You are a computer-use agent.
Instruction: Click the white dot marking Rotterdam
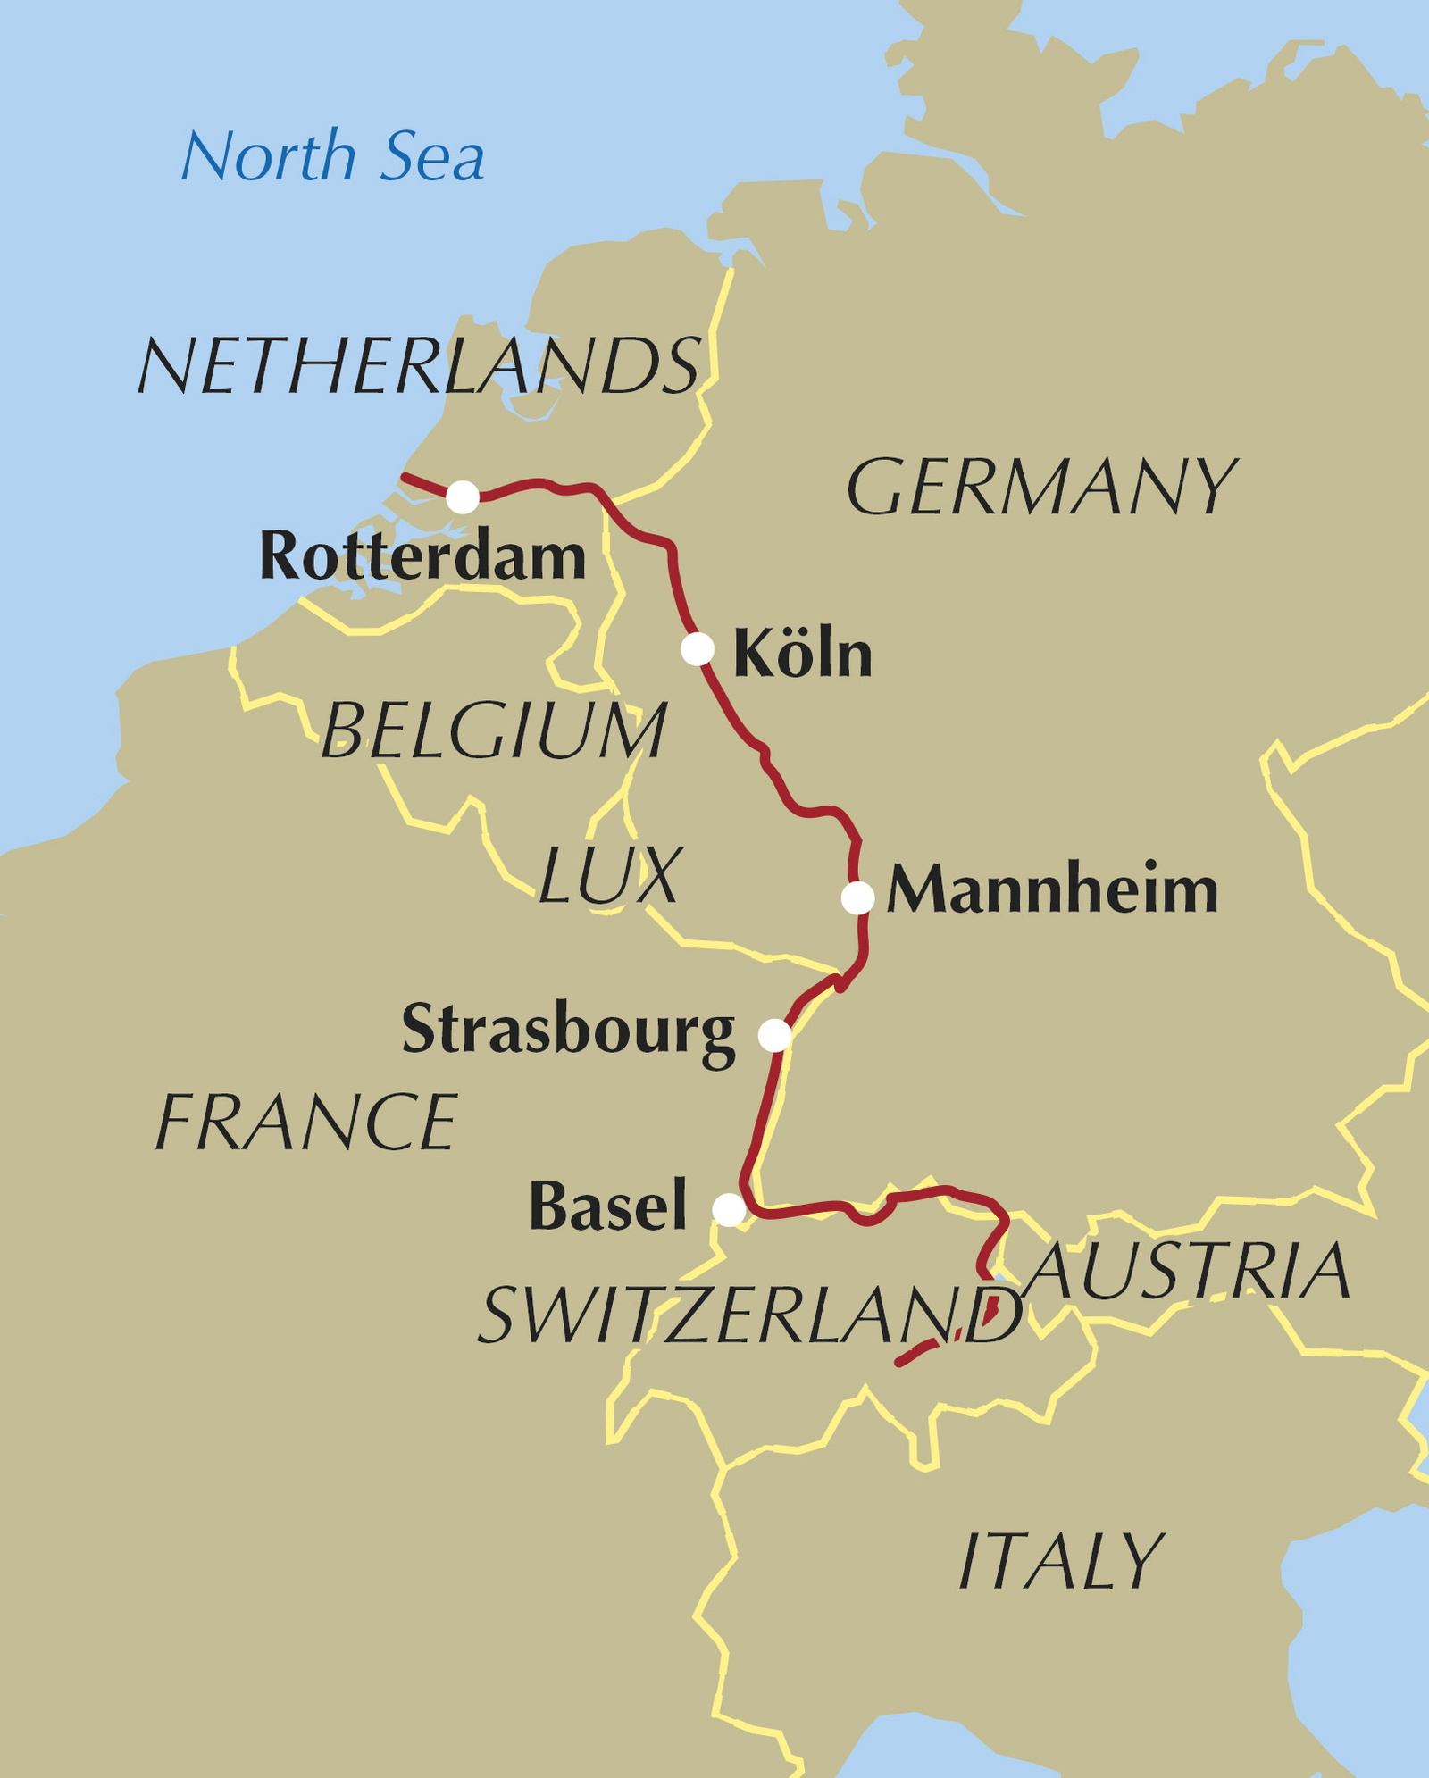(x=463, y=497)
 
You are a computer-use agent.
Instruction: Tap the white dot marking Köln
(x=698, y=648)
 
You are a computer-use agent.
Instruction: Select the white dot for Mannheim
(x=857, y=897)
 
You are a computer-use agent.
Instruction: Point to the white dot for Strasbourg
(x=774, y=1035)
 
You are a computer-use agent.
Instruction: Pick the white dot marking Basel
(x=729, y=1210)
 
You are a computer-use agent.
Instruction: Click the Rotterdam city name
(x=422, y=556)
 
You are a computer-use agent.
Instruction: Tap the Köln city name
(x=802, y=654)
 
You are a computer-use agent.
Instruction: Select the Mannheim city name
(x=1052, y=890)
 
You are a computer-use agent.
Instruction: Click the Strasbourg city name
(x=568, y=1030)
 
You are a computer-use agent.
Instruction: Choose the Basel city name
(x=608, y=1206)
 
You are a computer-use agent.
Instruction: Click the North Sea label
(x=332, y=156)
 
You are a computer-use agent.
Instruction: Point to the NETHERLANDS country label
(x=418, y=365)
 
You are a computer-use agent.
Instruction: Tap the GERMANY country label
(x=1040, y=488)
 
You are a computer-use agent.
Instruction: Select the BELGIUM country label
(x=493, y=730)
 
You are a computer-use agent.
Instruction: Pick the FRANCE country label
(x=306, y=1123)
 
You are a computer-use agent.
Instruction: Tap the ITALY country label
(x=1060, y=1561)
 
